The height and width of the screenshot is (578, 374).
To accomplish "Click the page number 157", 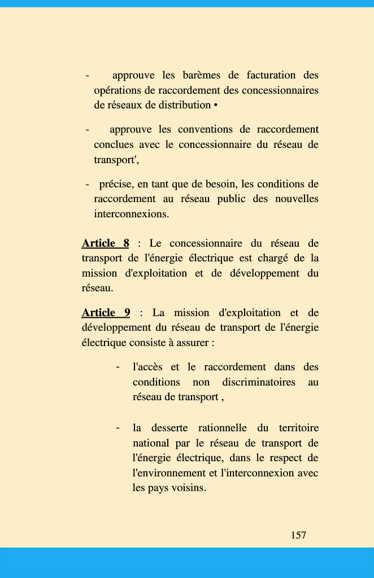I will coord(298,535).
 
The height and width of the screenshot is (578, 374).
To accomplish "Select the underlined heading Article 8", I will coord(105,243).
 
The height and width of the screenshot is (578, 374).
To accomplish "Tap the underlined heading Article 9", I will coord(106,313).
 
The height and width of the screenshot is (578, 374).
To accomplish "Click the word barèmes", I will coord(201,75).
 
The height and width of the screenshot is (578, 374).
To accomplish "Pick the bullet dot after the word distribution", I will coord(216,105).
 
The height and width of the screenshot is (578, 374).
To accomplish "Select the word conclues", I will coord(114,144).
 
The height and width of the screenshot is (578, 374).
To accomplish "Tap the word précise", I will coord(115,184).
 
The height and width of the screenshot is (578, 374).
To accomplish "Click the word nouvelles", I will coord(297,199).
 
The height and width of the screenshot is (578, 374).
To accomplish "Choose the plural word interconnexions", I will coord(131,214).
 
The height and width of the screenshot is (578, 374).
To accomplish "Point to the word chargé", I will coord(273,259).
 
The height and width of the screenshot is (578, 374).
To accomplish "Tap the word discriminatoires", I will coord(259,382).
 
